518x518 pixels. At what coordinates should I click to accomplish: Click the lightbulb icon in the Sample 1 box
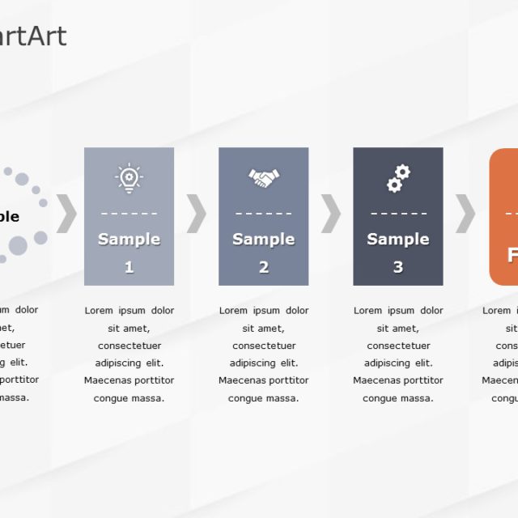[129, 177]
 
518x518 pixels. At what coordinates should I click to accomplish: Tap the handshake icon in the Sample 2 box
[263, 177]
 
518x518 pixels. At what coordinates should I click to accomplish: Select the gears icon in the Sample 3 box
[398, 178]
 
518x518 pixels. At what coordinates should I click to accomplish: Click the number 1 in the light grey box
[129, 267]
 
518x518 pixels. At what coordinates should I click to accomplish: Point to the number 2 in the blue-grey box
[264, 267]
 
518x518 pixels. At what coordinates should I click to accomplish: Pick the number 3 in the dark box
[398, 267]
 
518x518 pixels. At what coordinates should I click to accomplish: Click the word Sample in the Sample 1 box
[129, 240]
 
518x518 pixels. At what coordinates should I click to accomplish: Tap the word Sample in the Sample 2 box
[263, 240]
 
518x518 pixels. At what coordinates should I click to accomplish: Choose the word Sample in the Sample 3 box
[398, 240]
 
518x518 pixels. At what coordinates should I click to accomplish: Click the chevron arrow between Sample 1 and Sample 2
[196, 214]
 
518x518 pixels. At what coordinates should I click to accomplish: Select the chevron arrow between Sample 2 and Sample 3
[331, 214]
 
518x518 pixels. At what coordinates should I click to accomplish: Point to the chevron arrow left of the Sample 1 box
[66, 214]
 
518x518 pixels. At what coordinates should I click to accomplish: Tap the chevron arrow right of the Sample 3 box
[465, 214]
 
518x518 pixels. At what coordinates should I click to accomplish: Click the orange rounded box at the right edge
[504, 217]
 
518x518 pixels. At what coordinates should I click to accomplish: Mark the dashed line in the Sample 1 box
[129, 214]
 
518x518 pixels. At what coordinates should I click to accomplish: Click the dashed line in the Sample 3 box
[398, 214]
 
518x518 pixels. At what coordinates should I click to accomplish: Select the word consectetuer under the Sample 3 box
[398, 346]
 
